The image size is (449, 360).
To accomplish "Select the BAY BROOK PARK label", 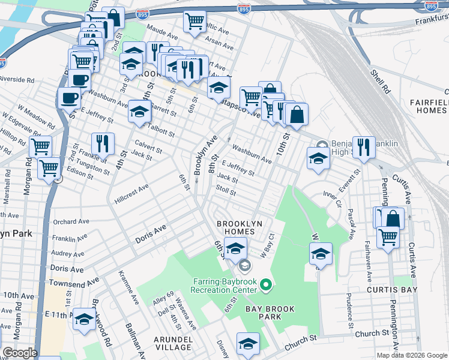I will pyautogui.click(x=270, y=313).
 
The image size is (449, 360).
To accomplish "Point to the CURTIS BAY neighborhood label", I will pyautogui.click(x=389, y=289).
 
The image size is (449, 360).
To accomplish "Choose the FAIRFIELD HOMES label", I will pyautogui.click(x=429, y=107).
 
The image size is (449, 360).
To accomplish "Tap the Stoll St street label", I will pyautogui.click(x=226, y=190).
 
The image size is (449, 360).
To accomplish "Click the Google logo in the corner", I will pyautogui.click(x=19, y=353).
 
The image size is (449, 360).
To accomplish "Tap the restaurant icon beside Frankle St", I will pyautogui.click(x=103, y=143).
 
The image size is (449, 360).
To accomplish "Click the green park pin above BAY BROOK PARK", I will pyautogui.click(x=267, y=281).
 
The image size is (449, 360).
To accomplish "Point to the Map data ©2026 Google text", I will pyautogui.click(x=412, y=355).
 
